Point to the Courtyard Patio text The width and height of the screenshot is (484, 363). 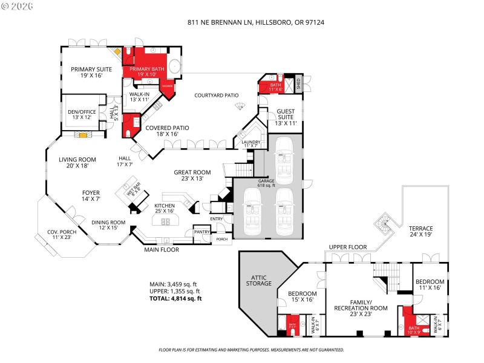(x=216, y=96)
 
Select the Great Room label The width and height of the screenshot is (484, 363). (x=192, y=175)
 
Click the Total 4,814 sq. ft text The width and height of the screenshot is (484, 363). (x=175, y=298)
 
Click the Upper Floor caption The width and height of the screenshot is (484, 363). (x=347, y=247)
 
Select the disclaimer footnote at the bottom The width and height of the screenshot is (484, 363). (x=251, y=350)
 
